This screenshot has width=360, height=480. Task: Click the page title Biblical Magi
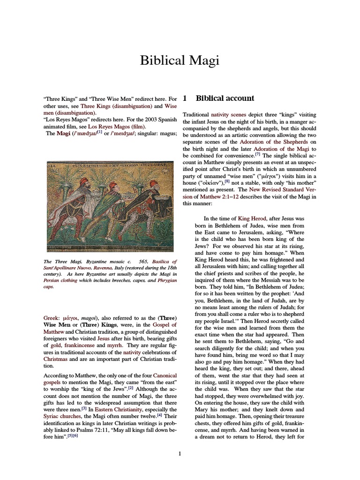click(x=180, y=60)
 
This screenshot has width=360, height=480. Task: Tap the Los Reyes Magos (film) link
click(x=123, y=126)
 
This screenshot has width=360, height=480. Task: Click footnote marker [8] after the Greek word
click(x=227, y=181)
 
